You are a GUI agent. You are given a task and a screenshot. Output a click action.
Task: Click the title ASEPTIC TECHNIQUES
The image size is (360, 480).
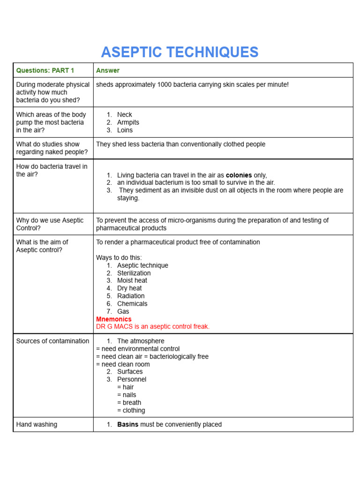(180, 52)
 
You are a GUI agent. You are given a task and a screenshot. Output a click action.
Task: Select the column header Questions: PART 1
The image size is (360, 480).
(45, 70)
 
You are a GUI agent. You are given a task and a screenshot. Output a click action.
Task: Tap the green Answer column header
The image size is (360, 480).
(108, 70)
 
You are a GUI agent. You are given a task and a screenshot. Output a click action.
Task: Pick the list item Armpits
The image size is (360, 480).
(128, 122)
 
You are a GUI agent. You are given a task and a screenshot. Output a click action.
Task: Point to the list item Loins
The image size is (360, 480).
(125, 130)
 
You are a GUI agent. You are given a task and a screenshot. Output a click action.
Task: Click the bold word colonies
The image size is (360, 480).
(239, 175)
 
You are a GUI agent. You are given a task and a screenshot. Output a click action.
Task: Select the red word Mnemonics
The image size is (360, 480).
(114, 319)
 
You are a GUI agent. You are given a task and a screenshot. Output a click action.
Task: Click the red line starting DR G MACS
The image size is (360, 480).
(153, 326)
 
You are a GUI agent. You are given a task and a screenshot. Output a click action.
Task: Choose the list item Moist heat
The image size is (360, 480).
(132, 280)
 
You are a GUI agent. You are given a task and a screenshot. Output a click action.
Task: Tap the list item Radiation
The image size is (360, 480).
(131, 296)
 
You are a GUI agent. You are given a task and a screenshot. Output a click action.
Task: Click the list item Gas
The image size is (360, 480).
(123, 311)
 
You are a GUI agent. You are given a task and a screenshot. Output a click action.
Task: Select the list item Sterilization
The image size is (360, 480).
(134, 273)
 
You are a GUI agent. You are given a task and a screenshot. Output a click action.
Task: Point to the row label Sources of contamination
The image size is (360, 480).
(52, 341)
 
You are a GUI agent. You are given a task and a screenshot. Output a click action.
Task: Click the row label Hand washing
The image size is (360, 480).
(37, 424)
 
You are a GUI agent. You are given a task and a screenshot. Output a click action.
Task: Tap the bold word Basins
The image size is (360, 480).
(127, 424)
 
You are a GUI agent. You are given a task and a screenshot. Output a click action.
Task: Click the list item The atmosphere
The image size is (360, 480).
(141, 341)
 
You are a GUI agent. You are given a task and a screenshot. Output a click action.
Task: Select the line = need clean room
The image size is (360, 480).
(123, 364)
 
